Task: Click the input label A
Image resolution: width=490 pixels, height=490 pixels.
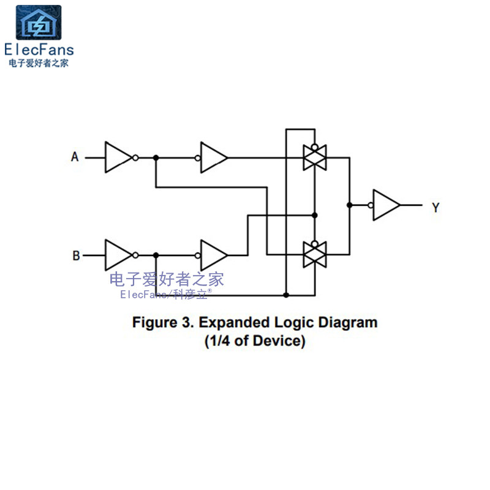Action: pyautogui.click(x=75, y=157)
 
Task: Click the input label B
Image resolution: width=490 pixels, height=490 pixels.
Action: pyautogui.click(x=76, y=255)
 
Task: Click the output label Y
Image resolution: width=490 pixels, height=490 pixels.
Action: pyautogui.click(x=435, y=208)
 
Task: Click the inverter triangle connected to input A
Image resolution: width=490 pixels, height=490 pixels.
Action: pyautogui.click(x=117, y=157)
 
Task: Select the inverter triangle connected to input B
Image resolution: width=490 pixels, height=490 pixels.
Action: pyautogui.click(x=117, y=255)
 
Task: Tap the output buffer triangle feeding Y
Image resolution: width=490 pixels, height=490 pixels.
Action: pyautogui.click(x=386, y=205)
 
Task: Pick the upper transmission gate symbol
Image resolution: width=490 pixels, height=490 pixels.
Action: pyautogui.click(x=315, y=157)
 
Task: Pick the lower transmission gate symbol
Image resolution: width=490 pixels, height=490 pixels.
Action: pyautogui.click(x=315, y=254)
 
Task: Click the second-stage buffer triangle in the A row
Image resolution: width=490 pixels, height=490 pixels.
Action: pyautogui.click(x=213, y=157)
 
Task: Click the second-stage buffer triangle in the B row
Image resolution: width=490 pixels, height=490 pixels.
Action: pyautogui.click(x=213, y=255)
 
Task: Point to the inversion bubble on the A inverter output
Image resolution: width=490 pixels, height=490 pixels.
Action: pyautogui.click(x=135, y=157)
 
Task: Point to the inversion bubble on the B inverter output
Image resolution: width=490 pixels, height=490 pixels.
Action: pyautogui.click(x=135, y=255)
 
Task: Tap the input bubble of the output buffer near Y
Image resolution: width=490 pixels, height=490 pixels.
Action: pyautogui.click(x=371, y=205)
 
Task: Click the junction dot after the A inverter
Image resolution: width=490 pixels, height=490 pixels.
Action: pyautogui.click(x=156, y=157)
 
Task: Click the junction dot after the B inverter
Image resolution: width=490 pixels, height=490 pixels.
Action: pyautogui.click(x=156, y=255)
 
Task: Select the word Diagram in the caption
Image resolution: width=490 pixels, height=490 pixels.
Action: pyautogui.click(x=347, y=323)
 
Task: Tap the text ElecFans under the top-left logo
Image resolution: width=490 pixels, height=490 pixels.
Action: pyautogui.click(x=39, y=50)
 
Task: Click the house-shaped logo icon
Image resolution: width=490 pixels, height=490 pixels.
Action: pyautogui.click(x=39, y=23)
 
